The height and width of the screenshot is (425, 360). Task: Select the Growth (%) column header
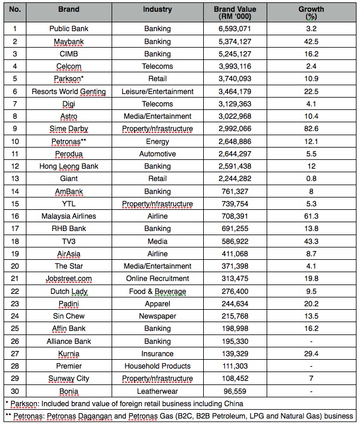point(311,14)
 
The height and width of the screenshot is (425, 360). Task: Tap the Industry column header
point(157,10)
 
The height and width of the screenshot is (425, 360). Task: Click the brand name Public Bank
point(69,29)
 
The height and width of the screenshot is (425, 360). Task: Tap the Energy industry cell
point(157,141)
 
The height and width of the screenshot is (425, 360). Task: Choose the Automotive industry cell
point(157,154)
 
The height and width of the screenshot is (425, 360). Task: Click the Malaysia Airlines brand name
point(69,216)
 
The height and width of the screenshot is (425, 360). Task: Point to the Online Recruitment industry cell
point(157,279)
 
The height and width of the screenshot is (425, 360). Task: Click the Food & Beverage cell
point(157,292)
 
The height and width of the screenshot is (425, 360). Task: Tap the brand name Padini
point(69,304)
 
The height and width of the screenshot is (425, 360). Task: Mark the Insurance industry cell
point(157,354)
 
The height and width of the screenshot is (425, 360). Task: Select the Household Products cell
point(157,366)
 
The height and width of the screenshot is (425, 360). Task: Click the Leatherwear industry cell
point(157,391)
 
